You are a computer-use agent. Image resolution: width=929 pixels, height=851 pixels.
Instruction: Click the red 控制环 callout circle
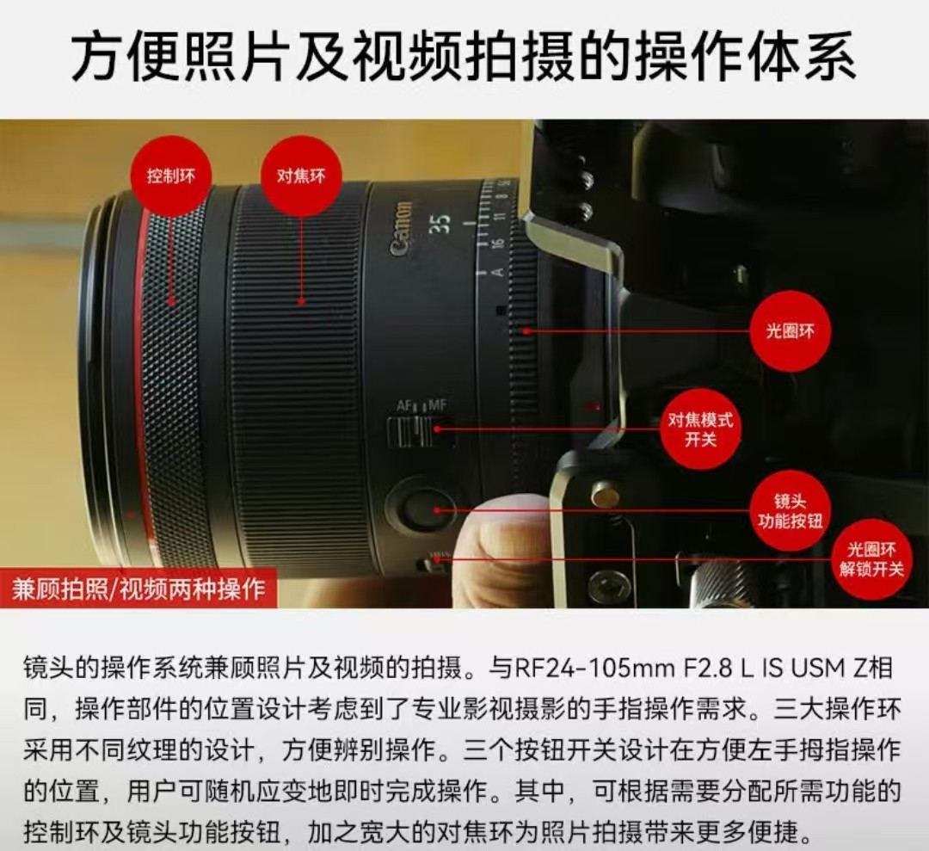click(170, 176)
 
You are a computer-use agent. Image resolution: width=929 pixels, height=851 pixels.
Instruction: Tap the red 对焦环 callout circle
click(301, 176)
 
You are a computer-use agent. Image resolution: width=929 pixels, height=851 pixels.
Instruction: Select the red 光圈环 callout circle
click(790, 331)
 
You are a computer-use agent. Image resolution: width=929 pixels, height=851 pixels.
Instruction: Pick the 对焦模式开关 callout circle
click(701, 429)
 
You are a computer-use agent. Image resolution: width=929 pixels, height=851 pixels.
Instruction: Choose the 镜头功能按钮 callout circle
click(790, 511)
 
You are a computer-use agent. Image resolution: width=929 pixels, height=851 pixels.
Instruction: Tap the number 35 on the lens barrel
click(442, 224)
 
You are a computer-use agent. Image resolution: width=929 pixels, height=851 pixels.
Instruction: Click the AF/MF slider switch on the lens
click(421, 431)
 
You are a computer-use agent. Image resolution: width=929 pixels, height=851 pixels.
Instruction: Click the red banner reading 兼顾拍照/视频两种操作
click(138, 589)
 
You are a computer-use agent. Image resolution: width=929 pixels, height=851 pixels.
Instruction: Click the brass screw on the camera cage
click(606, 496)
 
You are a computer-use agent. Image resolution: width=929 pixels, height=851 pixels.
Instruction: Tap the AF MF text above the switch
click(421, 406)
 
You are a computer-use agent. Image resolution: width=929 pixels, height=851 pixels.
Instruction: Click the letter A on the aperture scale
click(498, 272)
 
